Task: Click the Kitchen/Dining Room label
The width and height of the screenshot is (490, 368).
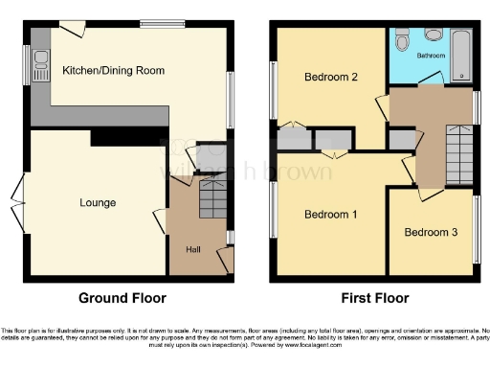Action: (113, 71)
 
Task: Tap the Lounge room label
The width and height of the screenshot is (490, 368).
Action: (98, 203)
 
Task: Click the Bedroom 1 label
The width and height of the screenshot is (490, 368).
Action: (330, 214)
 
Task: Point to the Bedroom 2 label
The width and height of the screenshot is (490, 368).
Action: (330, 77)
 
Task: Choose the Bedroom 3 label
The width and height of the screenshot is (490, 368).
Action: (430, 232)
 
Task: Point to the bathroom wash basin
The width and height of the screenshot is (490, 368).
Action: (433, 35)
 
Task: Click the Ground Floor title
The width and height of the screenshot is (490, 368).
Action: (122, 297)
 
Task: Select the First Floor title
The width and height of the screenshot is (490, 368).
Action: (370, 297)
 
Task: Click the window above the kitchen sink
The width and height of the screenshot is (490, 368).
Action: (30, 65)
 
